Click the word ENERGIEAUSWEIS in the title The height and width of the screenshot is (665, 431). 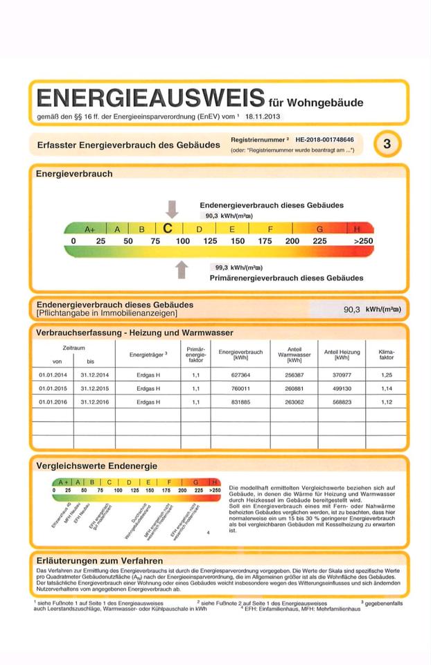(150, 97)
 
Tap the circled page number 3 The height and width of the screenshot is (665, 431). (387, 144)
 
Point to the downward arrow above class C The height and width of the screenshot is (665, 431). (172, 209)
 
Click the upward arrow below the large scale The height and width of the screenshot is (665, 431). (182, 269)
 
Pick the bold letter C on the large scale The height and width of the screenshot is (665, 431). (168, 227)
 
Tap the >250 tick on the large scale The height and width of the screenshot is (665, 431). (362, 241)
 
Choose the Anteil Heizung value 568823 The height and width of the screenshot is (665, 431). (342, 402)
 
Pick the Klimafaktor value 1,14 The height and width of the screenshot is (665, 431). (386, 389)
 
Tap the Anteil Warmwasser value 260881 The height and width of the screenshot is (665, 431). (294, 389)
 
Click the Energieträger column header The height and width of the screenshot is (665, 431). (148, 355)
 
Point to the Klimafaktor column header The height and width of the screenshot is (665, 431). (386, 355)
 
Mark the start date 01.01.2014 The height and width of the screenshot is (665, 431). (51, 375)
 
